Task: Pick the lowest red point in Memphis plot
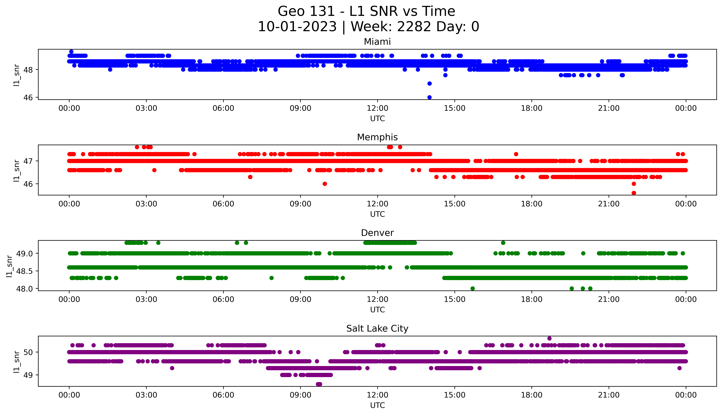point(634,193)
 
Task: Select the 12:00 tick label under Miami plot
point(377,108)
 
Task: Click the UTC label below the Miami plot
point(377,119)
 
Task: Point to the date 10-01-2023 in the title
point(297,27)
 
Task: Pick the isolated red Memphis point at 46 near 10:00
point(325,184)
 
